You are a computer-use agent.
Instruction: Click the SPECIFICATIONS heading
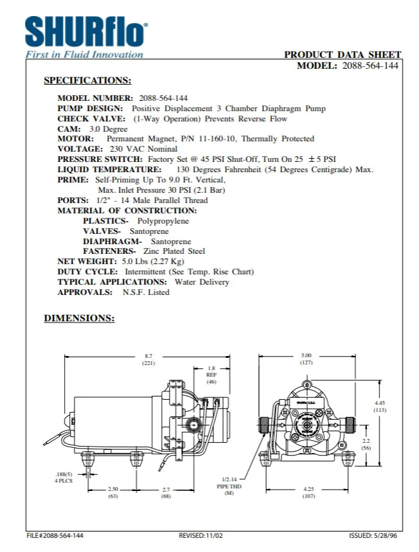point(87,81)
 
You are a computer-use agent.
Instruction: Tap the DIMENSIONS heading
point(79,318)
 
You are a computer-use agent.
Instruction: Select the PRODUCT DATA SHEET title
point(343,55)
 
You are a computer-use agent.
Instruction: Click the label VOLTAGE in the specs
point(80,148)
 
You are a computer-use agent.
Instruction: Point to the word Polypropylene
point(163,220)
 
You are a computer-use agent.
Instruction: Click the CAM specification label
point(68,129)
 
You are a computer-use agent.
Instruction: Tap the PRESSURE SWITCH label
point(100,159)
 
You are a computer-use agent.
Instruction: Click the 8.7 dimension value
point(148,356)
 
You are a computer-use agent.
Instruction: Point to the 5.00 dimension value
point(307,355)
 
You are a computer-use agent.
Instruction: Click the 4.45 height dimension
point(380,403)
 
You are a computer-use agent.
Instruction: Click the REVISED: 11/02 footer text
point(202,535)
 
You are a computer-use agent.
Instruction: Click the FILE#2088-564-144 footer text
point(55,535)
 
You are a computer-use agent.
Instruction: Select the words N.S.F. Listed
point(146,292)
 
